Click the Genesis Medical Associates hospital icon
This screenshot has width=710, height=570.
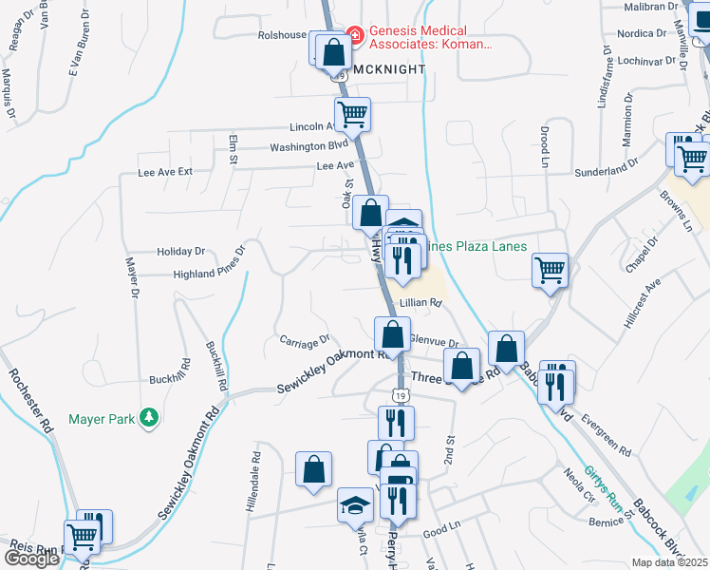coord(356,36)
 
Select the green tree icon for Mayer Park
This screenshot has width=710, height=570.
coord(148,417)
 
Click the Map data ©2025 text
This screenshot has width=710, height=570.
coord(670,562)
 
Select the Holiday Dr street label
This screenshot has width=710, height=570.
coord(181,252)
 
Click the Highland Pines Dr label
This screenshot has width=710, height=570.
coord(209,273)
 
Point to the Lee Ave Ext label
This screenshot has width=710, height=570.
coord(165,172)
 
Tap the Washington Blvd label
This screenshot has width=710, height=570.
coord(309,146)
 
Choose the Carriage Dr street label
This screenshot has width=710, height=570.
coord(304,338)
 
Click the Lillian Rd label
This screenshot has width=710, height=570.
coord(421,303)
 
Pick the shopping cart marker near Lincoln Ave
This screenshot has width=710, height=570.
coord(353,114)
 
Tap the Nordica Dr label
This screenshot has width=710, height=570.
coord(642,33)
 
